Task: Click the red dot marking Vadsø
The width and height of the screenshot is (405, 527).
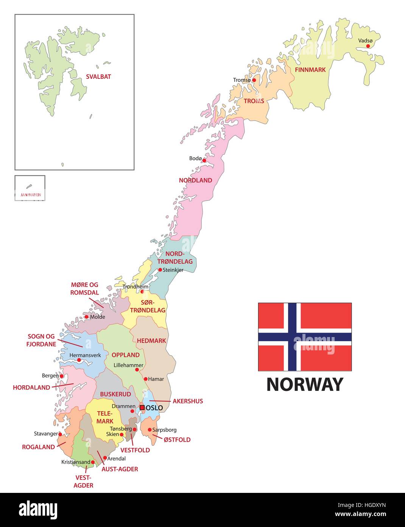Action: [368, 46]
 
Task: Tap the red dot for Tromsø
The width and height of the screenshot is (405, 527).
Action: [254, 80]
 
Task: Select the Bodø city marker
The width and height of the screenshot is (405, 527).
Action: [204, 160]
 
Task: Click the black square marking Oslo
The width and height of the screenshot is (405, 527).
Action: [142, 408]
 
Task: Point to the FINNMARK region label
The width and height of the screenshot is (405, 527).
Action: [310, 70]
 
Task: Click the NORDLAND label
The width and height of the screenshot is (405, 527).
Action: [195, 180]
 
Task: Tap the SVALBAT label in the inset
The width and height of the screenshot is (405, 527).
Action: [98, 77]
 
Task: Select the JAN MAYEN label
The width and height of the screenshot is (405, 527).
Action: [30, 195]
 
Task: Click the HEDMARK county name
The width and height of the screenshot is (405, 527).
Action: [151, 341]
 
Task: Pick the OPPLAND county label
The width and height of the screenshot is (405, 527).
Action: [126, 355]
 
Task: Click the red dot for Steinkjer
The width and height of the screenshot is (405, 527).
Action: [160, 270]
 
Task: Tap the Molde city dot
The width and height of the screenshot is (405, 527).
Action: [86, 317]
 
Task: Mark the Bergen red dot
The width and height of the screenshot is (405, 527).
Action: [61, 376]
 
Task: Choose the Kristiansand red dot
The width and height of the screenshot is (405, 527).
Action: [93, 462]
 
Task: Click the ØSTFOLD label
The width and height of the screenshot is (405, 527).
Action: [177, 440]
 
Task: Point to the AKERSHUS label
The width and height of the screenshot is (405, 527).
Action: [188, 401]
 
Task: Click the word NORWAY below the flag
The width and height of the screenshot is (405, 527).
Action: [305, 384]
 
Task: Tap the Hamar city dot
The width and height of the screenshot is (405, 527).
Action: [145, 379]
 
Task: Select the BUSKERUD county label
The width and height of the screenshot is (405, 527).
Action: [115, 394]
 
